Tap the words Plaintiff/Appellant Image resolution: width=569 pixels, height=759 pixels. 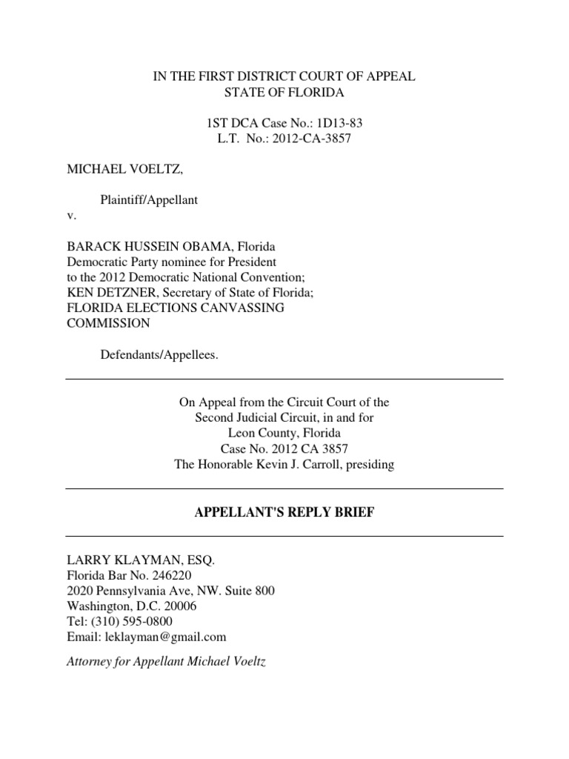pyautogui.click(x=149, y=201)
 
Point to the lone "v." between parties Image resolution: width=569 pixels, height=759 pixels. pyautogui.click(x=71, y=216)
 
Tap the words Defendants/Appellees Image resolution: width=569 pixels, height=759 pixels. pyautogui.click(x=159, y=355)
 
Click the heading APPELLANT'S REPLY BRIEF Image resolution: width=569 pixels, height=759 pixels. pyautogui.click(x=284, y=513)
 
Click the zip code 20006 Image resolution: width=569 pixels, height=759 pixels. pyautogui.click(x=181, y=606)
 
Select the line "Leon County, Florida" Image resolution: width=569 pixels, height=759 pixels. pyautogui.click(x=284, y=434)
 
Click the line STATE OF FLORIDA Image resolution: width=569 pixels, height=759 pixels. pyautogui.click(x=284, y=93)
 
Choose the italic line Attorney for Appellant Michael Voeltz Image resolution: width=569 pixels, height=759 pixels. pyautogui.click(x=165, y=660)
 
